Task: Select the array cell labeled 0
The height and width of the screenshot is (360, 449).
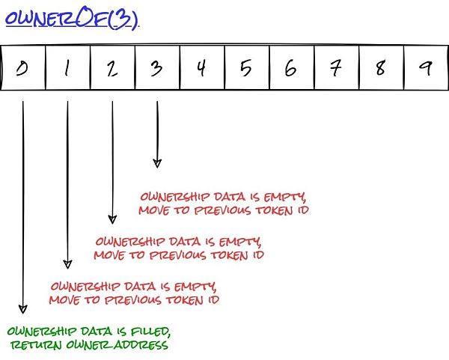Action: coord(23,69)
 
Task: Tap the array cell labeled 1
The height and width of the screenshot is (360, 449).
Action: coord(67,69)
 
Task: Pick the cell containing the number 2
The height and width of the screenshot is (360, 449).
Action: coord(112,69)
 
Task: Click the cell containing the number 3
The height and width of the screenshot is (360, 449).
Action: coord(156,69)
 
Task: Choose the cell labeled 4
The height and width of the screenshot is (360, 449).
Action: coord(201,69)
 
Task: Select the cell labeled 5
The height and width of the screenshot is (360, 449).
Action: coord(246,69)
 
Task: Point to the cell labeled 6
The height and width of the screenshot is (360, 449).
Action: coord(290,69)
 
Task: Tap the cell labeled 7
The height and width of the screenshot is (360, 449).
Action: coord(335,69)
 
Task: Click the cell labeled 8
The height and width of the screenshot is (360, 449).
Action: coord(380,69)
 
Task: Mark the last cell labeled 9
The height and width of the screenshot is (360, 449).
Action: coord(425,69)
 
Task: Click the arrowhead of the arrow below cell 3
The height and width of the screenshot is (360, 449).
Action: coord(156,162)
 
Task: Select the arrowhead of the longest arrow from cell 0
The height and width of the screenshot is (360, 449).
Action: coord(23,308)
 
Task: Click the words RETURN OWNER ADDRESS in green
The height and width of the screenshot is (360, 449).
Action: coord(89,346)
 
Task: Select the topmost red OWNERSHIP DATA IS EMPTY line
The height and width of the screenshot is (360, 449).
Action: coord(223,198)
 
